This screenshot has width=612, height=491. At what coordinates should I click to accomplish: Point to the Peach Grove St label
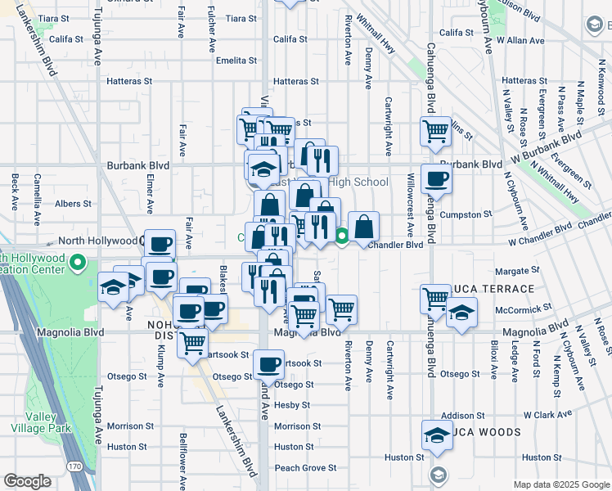click(305, 468)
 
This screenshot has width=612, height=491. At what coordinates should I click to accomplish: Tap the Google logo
click(27, 481)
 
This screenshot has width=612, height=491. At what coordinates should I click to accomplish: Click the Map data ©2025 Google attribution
click(561, 484)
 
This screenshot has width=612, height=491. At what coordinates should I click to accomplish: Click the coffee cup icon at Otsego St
click(268, 364)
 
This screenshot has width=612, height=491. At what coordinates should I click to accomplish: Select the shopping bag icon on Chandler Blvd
click(363, 226)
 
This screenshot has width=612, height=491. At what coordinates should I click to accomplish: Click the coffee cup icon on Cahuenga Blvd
click(434, 179)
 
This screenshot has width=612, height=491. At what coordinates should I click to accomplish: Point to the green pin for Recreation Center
click(79, 263)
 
